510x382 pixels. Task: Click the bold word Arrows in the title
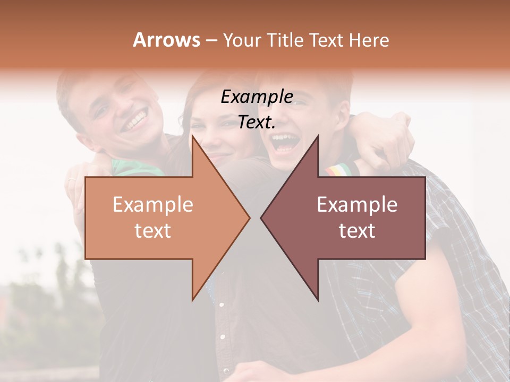click(166, 40)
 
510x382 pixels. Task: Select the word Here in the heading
click(369, 40)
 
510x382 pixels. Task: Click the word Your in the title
click(242, 40)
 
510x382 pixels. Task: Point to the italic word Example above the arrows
click(257, 97)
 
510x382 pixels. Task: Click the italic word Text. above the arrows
click(257, 123)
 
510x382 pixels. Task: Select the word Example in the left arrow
click(152, 205)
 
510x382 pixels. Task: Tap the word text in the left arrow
click(152, 231)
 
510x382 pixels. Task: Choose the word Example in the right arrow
click(357, 205)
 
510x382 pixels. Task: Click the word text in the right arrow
click(357, 231)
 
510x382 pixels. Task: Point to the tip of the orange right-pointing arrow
click(250, 218)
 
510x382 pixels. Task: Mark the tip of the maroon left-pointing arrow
click(261, 218)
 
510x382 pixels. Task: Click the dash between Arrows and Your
click(211, 40)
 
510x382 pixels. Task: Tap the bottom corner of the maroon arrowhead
click(318, 299)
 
